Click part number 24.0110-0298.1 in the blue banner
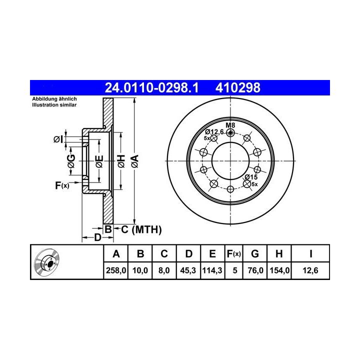tap(151, 87)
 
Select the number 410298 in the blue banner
tap(238, 87)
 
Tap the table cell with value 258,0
tap(116, 270)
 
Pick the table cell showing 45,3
tap(188, 270)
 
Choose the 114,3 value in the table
tap(212, 270)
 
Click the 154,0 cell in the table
tap(279, 270)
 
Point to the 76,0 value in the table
tap(255, 270)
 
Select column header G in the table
tap(255, 253)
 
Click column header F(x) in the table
tap(233, 253)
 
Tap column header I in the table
tap(310, 253)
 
